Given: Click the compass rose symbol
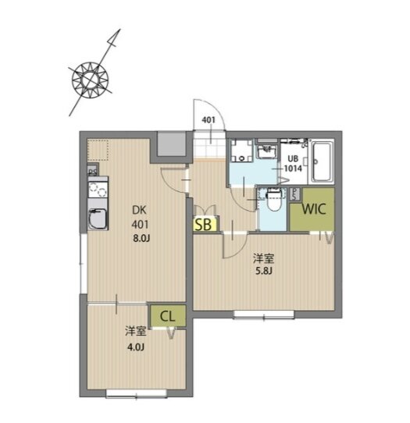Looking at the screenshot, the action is click(x=91, y=80).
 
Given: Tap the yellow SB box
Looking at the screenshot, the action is click(x=205, y=224).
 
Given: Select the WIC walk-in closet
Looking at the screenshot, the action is click(x=312, y=209).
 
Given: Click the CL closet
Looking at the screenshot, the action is click(x=168, y=316).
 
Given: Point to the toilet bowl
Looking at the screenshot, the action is click(x=274, y=201).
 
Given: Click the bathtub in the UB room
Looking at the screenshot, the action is click(x=322, y=161).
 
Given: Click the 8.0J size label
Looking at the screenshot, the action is click(x=141, y=238).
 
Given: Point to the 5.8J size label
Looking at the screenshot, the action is click(x=264, y=271).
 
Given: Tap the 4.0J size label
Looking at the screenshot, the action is click(x=136, y=347).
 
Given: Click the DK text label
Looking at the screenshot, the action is click(x=139, y=210).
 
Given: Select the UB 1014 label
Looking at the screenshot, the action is click(x=293, y=163).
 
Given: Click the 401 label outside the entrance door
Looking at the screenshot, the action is click(x=209, y=119).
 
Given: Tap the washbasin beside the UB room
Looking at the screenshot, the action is click(x=266, y=151).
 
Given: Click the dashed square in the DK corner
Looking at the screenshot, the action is click(x=98, y=150).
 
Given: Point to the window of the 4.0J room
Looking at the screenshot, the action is click(x=137, y=393).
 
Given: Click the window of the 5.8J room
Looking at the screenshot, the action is click(x=264, y=315).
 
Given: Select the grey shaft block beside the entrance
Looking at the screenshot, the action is click(x=171, y=144).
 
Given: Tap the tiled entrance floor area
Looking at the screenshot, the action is click(x=210, y=144).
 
